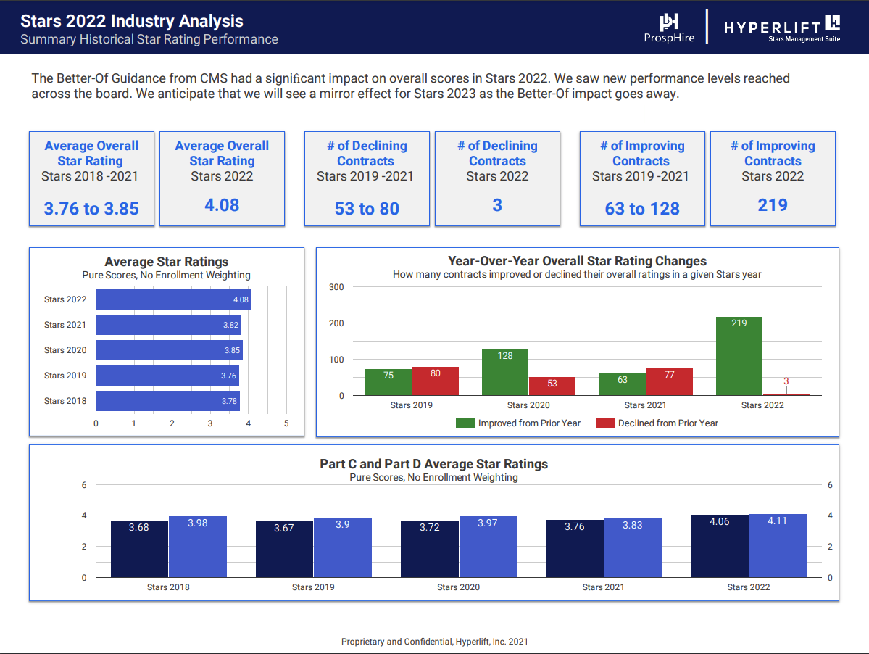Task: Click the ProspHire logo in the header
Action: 668,28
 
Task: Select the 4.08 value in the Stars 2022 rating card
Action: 222,205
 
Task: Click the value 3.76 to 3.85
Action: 91,209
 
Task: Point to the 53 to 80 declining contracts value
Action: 367,209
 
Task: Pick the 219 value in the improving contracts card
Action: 773,205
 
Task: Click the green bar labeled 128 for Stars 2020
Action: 505,373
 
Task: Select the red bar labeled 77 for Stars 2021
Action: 669,382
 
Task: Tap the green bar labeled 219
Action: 739,356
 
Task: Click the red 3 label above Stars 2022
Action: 786,381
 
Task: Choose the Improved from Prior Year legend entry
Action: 519,423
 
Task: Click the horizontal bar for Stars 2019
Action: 167,376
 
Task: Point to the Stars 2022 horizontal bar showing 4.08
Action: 173,299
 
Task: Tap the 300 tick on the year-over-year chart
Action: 336,287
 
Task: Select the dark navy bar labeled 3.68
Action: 139,549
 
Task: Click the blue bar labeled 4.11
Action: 778,545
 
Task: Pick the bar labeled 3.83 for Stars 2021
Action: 632,548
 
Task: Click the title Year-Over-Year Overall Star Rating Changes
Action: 577,261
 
